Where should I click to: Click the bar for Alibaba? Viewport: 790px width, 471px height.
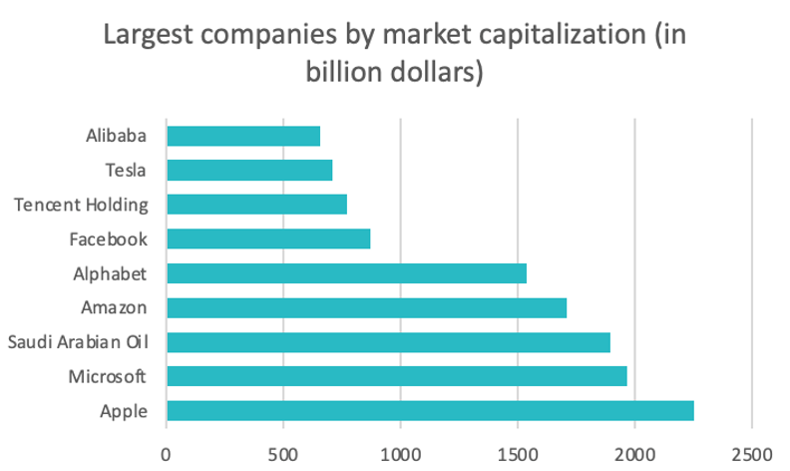[243, 136]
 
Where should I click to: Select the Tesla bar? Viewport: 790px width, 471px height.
[249, 170]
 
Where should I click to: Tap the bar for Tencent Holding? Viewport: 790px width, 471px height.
[257, 205]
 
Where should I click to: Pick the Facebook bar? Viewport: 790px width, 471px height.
[268, 238]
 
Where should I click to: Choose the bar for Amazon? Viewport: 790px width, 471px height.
[366, 307]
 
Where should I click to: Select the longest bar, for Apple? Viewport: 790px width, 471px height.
[430, 410]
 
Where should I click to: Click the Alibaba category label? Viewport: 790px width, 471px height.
[117, 136]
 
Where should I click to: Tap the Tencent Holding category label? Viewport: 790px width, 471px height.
[82, 205]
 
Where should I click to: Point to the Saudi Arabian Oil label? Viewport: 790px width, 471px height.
[78, 342]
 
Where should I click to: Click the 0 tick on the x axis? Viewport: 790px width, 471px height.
[167, 450]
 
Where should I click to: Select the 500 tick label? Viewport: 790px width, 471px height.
[283, 450]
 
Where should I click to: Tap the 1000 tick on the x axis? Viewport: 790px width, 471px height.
[400, 450]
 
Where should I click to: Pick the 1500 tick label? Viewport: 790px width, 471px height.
[518, 450]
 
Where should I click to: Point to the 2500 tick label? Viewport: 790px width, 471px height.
[751, 450]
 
